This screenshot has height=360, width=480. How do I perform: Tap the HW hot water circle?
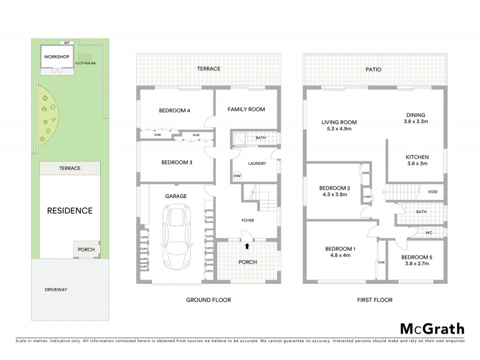[x=237, y=176]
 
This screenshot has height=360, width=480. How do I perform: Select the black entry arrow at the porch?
[x=247, y=245]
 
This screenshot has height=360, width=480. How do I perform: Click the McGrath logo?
[x=431, y=328]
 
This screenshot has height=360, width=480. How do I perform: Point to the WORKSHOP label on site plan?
[x=56, y=57]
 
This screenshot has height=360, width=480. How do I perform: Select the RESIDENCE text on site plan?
[x=70, y=211]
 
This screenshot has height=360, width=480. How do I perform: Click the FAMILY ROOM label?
[x=246, y=109]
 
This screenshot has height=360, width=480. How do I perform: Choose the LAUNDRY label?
[x=257, y=163]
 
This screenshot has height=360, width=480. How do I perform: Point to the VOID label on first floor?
[x=432, y=192]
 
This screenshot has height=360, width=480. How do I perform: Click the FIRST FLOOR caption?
[x=375, y=299]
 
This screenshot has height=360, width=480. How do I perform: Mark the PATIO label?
[x=374, y=69]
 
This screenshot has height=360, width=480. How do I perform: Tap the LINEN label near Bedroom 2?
[x=367, y=196]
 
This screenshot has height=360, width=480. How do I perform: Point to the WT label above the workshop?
[x=68, y=42]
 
